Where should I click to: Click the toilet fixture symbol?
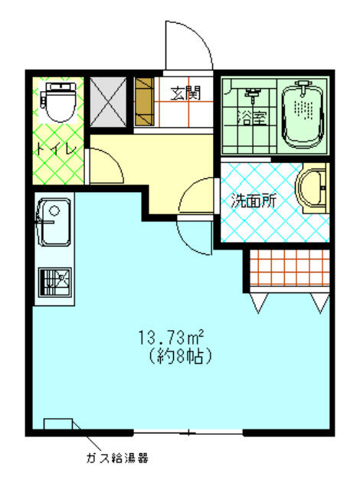tap(59, 101)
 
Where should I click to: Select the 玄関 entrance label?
tap(185, 93)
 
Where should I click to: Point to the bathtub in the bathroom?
tap(303, 115)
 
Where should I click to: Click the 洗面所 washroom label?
tap(254, 201)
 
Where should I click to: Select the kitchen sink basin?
tap(54, 221)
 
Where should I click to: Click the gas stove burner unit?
tap(54, 283)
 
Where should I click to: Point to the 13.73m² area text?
tap(172, 338)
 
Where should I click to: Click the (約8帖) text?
tap(180, 357)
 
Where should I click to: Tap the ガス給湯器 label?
tap(117, 458)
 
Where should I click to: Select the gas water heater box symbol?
tap(58, 424)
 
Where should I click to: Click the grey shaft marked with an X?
tap(108, 102)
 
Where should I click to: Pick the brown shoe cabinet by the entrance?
tap(144, 102)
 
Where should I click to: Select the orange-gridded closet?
tap(290, 268)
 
